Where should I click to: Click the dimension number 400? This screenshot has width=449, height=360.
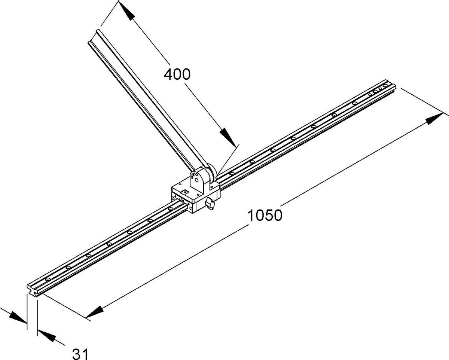[x=177, y=74]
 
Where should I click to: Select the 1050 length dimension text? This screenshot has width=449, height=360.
[x=265, y=216]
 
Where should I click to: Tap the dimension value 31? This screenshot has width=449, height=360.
[x=80, y=354]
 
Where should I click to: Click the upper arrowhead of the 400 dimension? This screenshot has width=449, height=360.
[x=126, y=11]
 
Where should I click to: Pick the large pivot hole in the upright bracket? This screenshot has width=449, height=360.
[x=196, y=180]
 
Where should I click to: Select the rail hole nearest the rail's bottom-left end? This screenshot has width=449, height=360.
[x=48, y=279]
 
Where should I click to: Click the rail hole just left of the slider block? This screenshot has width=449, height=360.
[x=171, y=209]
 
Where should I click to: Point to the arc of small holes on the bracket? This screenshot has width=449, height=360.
[x=195, y=174]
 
